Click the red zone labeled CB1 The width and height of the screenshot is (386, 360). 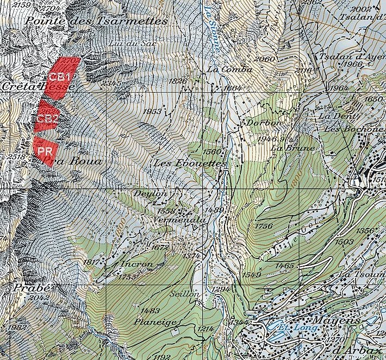point(60,77)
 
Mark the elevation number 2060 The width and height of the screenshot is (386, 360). point(265,59)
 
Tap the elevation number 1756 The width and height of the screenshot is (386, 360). point(263,225)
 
